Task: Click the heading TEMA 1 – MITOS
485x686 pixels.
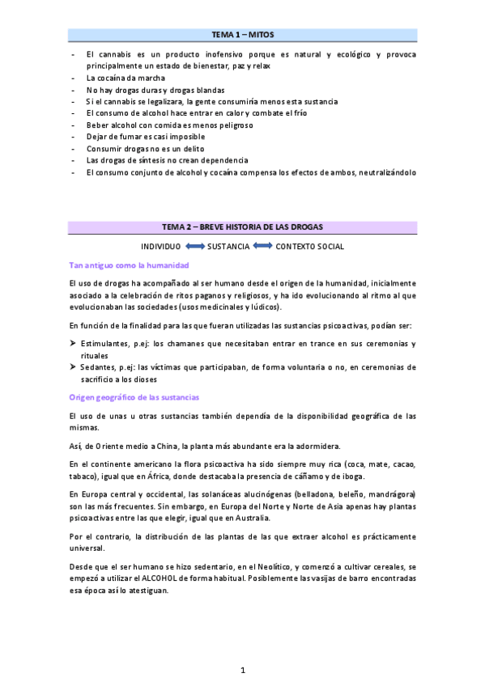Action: point(242,35)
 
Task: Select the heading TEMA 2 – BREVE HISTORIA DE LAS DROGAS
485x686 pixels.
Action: point(242,227)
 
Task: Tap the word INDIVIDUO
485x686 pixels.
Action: point(161,246)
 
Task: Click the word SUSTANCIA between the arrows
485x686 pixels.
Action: point(228,246)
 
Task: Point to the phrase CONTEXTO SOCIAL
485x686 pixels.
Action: point(309,246)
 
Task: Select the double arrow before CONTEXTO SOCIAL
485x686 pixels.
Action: point(262,246)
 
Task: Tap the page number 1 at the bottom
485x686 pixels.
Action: point(242,670)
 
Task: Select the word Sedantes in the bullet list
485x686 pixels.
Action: point(99,367)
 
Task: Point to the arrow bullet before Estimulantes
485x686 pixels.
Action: point(73,344)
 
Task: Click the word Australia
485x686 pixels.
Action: point(252,518)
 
